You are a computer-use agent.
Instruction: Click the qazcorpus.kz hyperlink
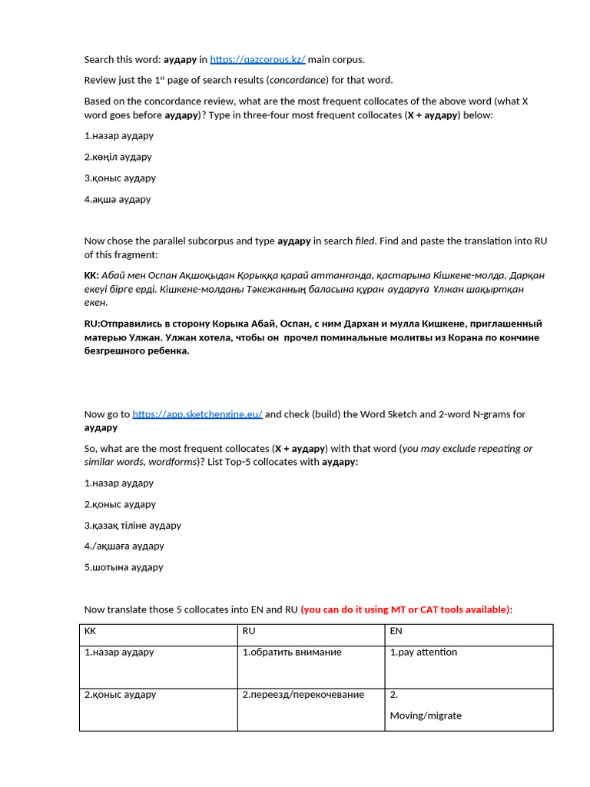(x=257, y=59)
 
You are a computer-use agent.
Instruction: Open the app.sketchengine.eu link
(x=197, y=414)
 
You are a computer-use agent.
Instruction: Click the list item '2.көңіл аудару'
(x=118, y=157)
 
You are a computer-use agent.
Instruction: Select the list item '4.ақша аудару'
(x=118, y=199)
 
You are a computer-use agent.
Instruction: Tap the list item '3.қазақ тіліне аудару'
(x=133, y=526)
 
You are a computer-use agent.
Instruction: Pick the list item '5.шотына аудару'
(x=124, y=567)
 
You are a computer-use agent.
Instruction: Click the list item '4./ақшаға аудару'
(x=124, y=546)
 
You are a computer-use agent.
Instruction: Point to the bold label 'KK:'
(x=91, y=275)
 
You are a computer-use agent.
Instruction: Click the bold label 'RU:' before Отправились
(x=92, y=324)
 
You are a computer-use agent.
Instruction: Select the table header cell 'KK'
(x=91, y=631)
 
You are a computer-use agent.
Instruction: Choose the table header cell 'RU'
(x=249, y=631)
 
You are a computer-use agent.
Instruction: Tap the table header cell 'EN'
(x=396, y=631)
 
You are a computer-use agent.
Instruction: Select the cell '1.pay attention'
(x=423, y=653)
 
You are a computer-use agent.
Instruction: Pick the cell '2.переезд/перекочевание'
(x=303, y=695)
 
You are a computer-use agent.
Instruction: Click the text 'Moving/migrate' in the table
(x=426, y=716)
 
